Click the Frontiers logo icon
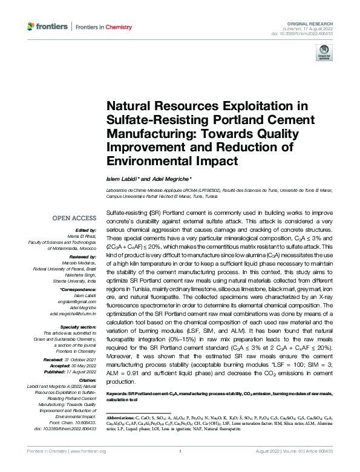[x=32, y=27]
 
